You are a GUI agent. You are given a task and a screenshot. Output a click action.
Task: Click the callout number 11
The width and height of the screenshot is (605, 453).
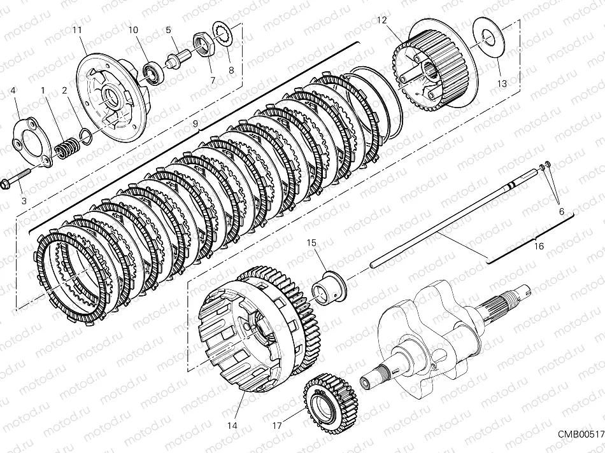77,31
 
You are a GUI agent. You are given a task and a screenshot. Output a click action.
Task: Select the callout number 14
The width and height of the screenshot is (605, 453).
232,425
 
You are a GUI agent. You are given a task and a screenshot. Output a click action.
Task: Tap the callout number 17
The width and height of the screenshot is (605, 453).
276,425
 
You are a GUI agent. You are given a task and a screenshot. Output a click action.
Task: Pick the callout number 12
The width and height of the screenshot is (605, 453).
381,20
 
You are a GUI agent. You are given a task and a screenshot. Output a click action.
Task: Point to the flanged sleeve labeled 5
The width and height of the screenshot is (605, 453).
175,59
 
